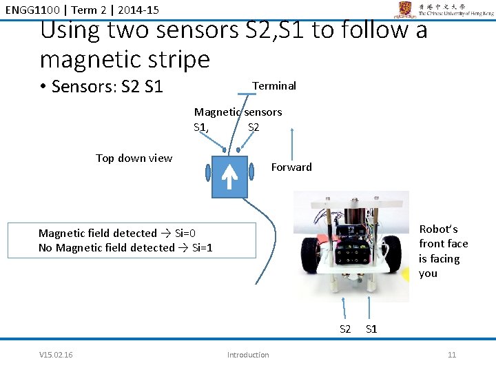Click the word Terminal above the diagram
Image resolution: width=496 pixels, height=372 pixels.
pos(274,85)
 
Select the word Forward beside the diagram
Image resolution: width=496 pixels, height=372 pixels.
pos(291,167)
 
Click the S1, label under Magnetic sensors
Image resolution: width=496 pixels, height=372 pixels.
pos(202,127)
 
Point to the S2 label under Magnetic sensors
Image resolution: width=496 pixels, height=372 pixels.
pos(254,127)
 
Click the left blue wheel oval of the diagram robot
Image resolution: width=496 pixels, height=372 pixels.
pos(207,173)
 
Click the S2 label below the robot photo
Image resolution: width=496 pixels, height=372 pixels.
pos(345,329)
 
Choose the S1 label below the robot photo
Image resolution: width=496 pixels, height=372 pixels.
pos(371,329)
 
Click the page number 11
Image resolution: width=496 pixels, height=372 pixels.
pos(452,355)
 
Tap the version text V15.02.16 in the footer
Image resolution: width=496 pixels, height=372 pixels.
pos(56,355)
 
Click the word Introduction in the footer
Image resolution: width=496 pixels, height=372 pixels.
pos(248,355)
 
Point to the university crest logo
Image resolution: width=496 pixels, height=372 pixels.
pos(405,9)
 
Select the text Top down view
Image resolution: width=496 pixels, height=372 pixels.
pos(134,158)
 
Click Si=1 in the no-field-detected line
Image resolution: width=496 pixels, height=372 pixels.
pos(202,247)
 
